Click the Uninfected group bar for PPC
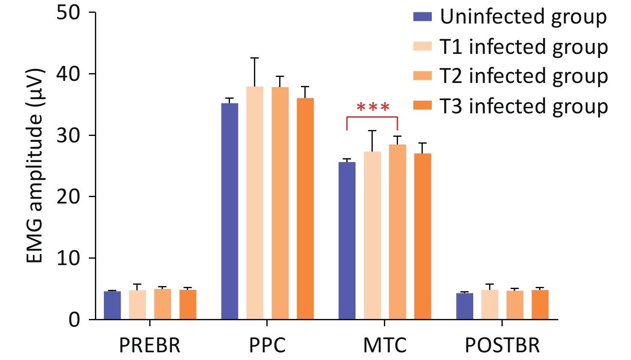(230, 211)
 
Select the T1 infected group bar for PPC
(255, 203)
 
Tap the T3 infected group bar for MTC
(423, 236)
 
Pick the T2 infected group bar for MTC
(398, 232)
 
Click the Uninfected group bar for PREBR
(112, 305)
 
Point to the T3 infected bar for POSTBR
(540, 305)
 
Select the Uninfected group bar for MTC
(347, 241)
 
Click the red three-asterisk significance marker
(373, 107)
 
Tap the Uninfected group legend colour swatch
(422, 17)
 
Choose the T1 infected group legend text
(524, 47)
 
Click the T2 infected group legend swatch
(422, 76)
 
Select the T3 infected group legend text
(524, 106)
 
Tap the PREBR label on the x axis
(150, 345)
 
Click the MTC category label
(385, 345)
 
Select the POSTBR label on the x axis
(502, 345)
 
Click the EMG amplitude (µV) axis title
(35, 165)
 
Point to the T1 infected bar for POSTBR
(489, 305)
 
